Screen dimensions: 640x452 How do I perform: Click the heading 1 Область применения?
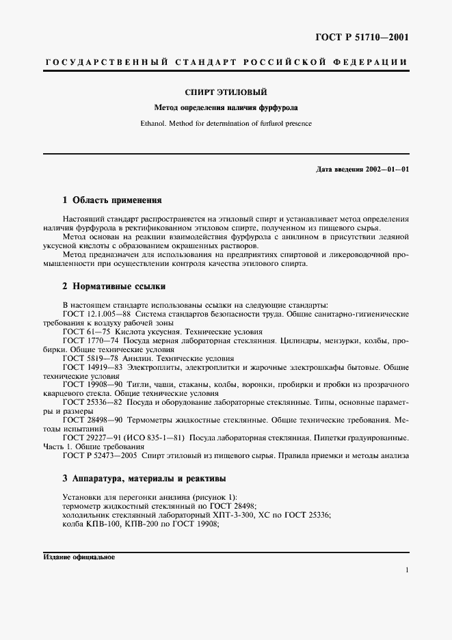pyautogui.click(x=111, y=200)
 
